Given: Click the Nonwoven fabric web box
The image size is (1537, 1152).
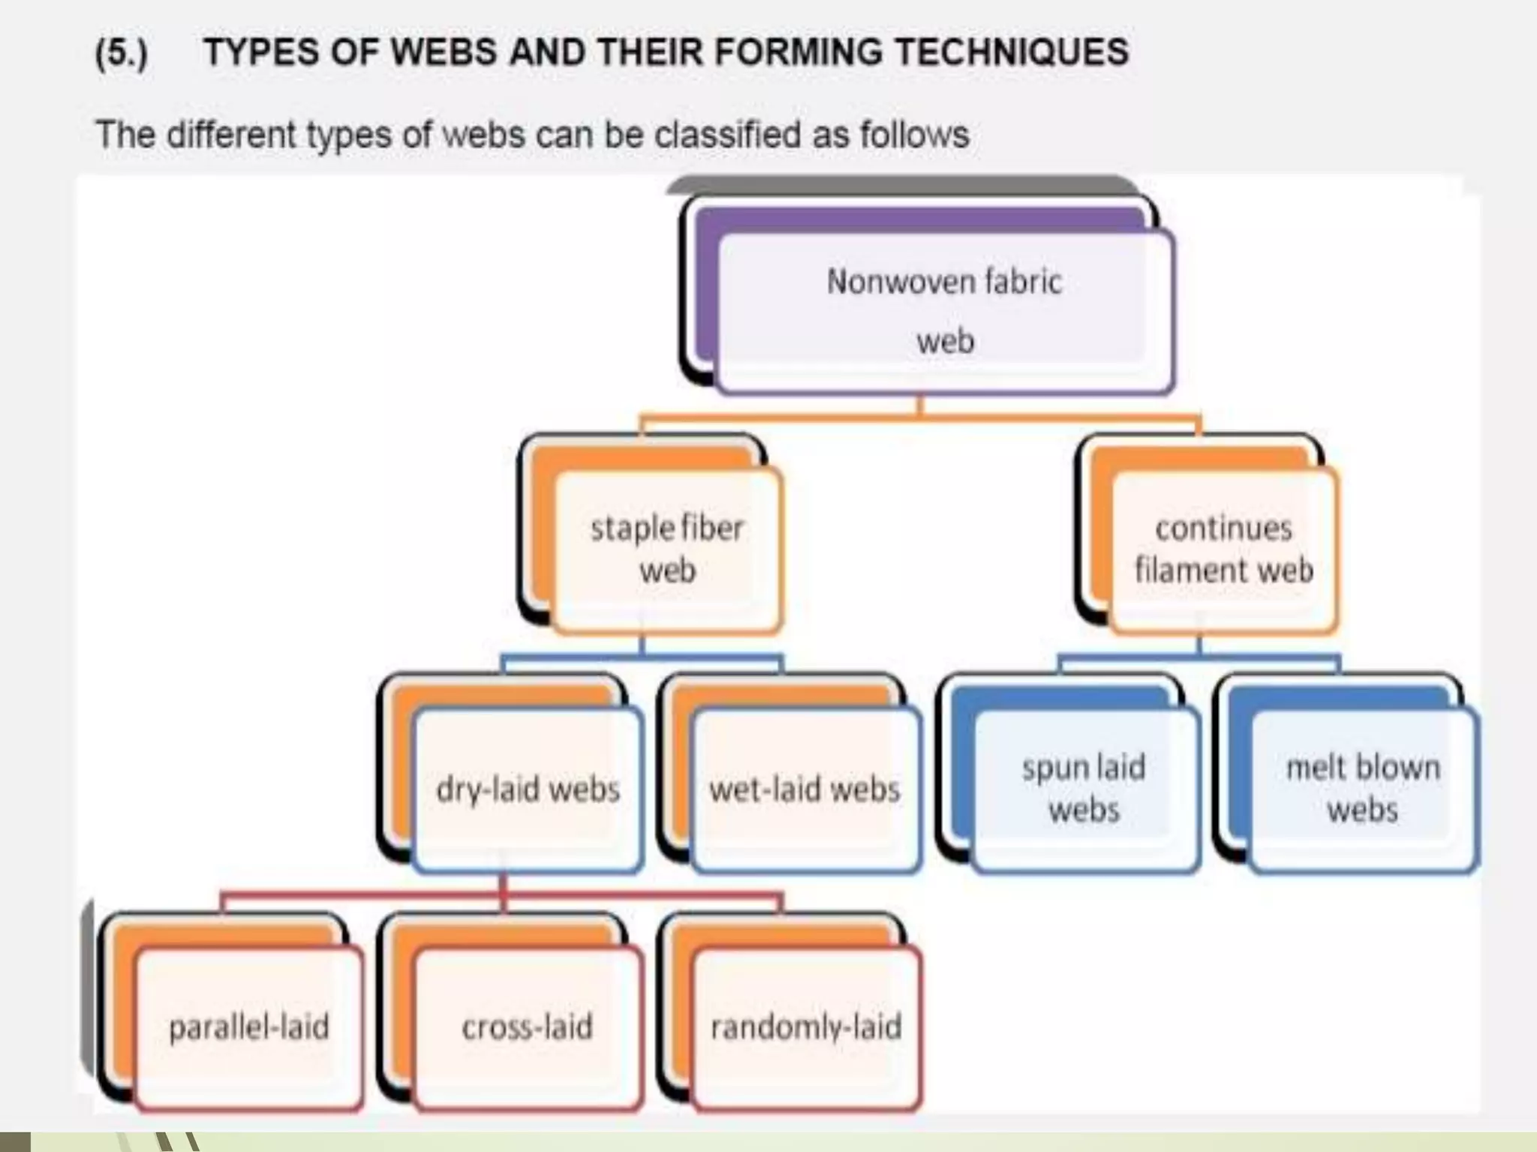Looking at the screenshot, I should point(944,312).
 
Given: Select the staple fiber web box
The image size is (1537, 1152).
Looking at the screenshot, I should point(667,549).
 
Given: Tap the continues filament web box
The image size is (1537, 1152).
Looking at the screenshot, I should point(1224,549).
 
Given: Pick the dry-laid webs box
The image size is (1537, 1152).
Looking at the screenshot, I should point(528,790).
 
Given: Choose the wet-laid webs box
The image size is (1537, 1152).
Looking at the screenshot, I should point(805,790).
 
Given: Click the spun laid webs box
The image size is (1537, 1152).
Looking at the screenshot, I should point(1084,789).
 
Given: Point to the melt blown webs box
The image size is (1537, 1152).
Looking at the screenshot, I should point(1363,789).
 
